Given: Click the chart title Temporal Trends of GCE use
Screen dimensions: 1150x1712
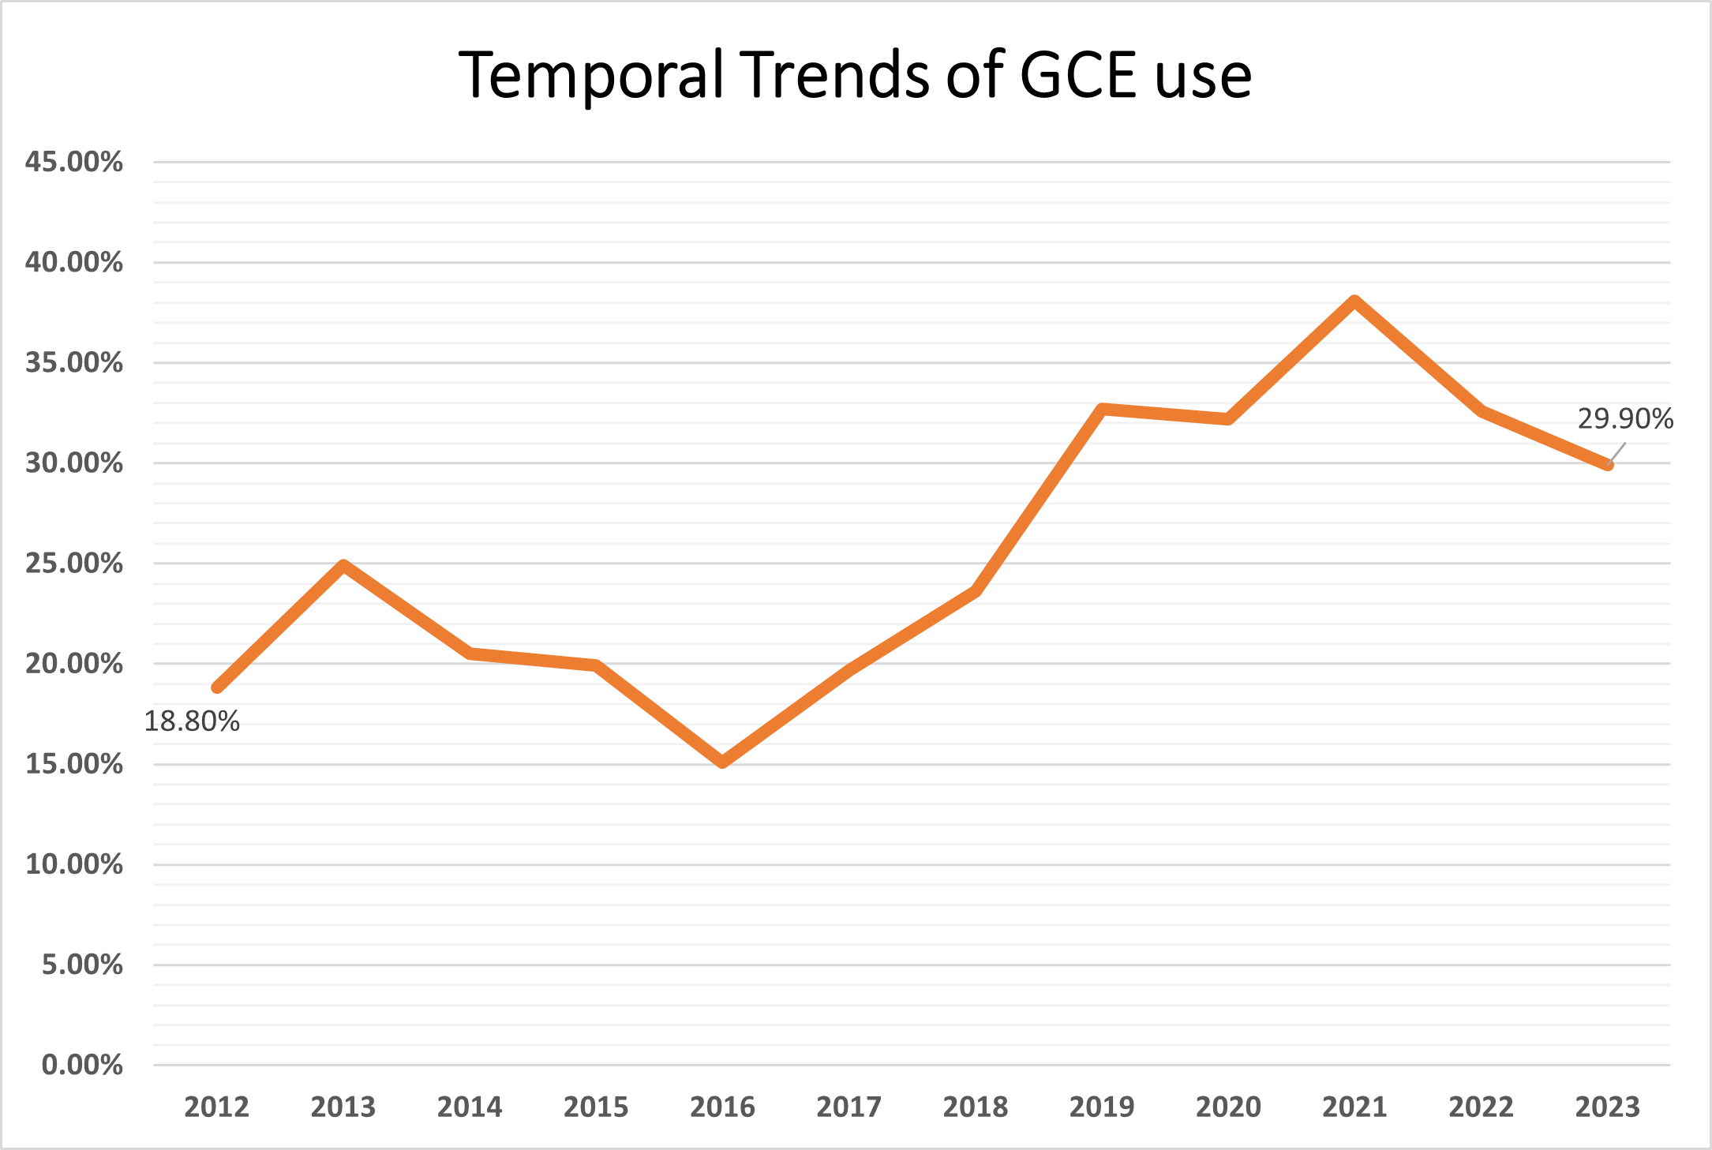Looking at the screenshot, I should point(855,75).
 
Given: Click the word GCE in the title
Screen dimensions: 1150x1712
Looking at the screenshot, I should point(1078,75).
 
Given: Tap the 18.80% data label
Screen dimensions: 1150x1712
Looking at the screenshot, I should point(192,721).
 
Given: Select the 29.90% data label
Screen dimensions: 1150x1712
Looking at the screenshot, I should point(1625,418).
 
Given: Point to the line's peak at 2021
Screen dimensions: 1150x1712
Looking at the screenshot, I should point(1354,302).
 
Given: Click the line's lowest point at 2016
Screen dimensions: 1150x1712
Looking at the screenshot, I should point(723,762).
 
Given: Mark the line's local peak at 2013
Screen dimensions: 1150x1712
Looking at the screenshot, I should point(343,565).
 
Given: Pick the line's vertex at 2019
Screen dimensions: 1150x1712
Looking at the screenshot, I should point(1102,409).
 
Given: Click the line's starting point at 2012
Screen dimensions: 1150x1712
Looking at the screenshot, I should point(217,687).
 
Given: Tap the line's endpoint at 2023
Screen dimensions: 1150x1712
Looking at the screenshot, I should point(1608,465).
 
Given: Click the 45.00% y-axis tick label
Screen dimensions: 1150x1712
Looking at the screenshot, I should point(74,162).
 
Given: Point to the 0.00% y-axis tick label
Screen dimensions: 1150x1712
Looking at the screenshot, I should point(82,1065).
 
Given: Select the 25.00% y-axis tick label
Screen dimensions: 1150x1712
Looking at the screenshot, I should point(74,563).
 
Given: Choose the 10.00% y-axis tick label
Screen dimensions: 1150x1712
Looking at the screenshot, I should point(74,864).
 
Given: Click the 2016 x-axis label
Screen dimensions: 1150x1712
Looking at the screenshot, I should point(722,1107).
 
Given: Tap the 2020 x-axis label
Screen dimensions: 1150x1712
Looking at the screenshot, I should point(1228,1107).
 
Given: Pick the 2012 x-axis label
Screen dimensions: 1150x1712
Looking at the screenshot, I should point(216,1107).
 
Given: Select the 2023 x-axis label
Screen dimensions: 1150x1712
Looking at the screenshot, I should point(1608,1107).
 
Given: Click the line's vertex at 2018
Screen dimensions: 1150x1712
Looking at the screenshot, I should point(976,591).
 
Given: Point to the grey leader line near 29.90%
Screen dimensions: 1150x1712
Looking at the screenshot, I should point(1618,452).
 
